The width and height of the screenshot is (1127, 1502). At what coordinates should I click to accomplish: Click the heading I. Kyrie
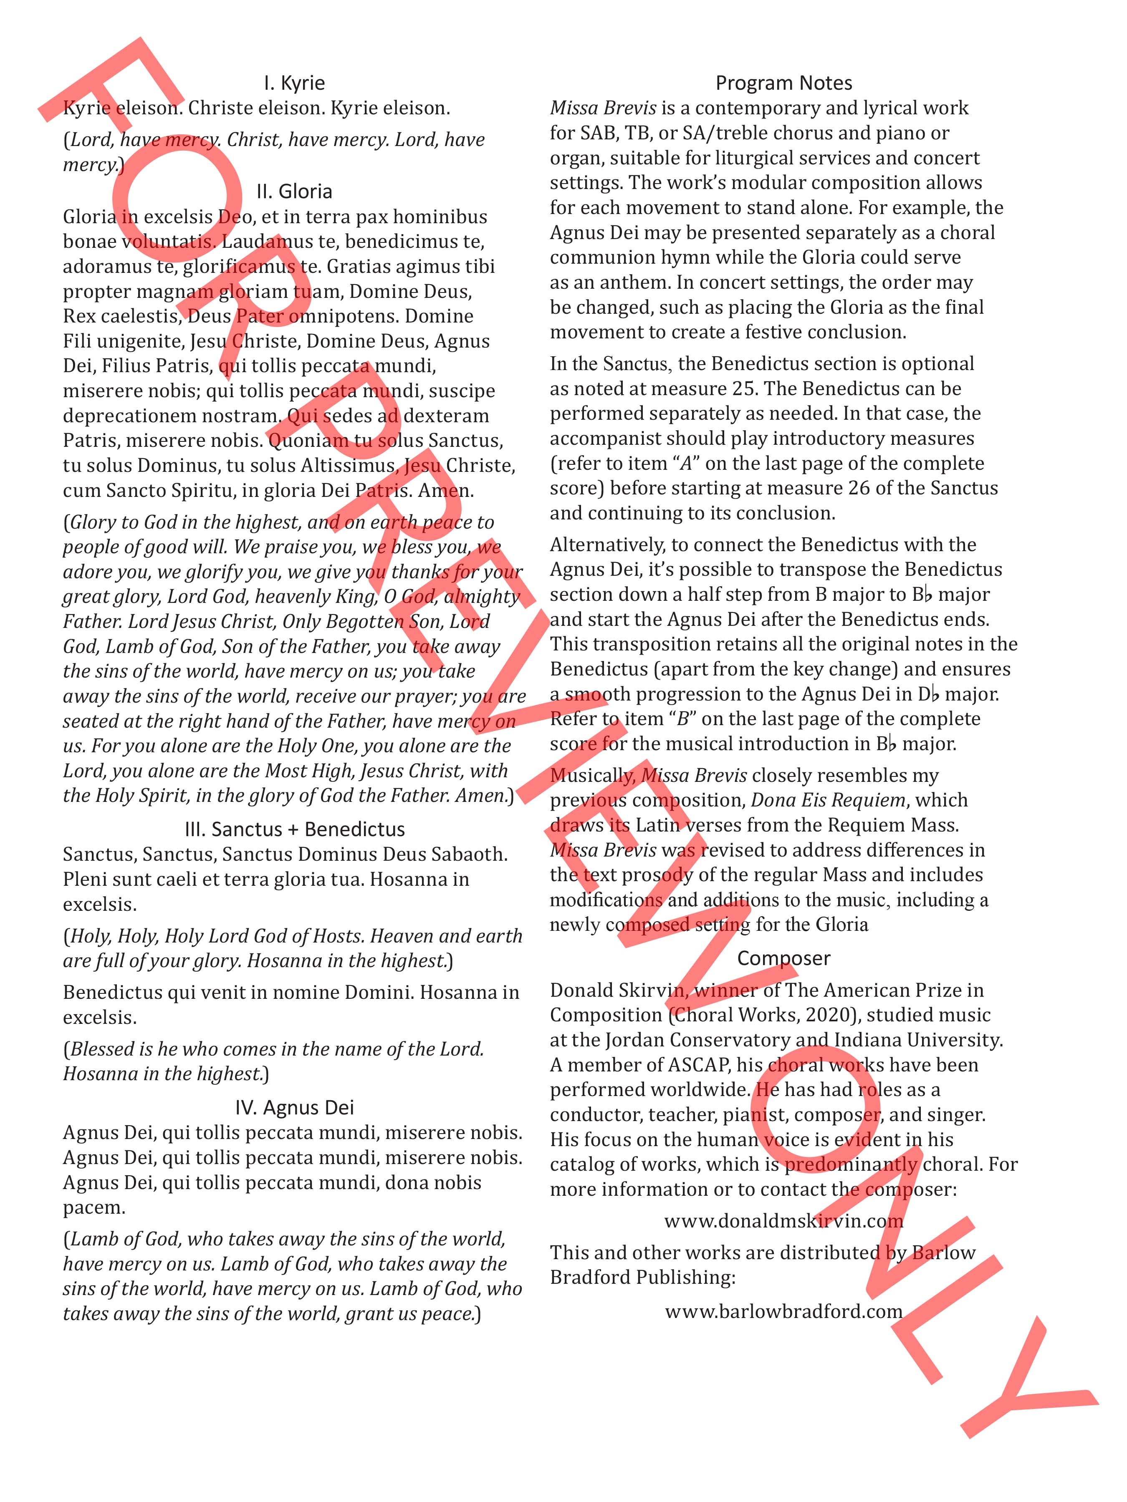tap(294, 83)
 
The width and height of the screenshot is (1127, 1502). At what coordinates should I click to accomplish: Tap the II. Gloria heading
tap(294, 192)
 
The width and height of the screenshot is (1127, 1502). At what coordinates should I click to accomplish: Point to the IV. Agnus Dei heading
tap(294, 1107)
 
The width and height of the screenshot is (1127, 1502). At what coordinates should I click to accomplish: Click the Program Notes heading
tap(783, 83)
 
